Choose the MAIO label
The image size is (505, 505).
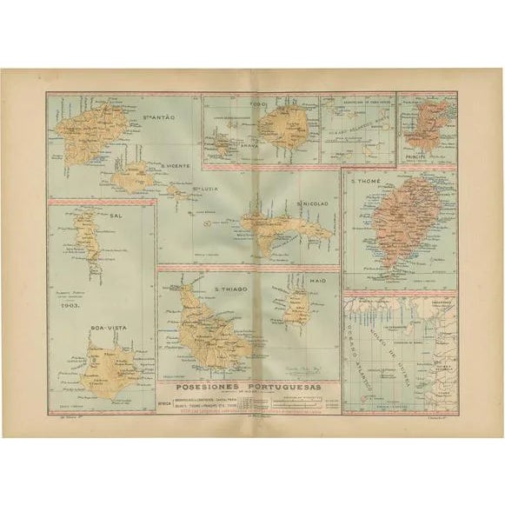coord(302,280)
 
